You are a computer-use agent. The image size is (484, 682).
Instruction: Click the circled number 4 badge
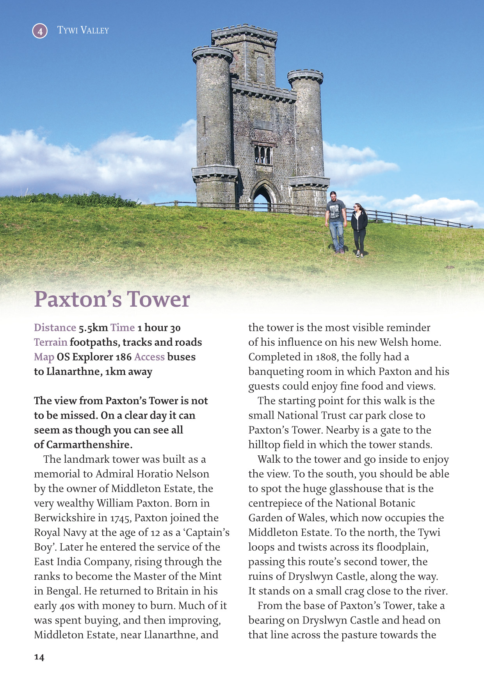tap(40, 31)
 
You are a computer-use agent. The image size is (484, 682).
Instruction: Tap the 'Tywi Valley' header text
tap(83, 30)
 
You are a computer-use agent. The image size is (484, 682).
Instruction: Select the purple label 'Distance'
tap(55, 328)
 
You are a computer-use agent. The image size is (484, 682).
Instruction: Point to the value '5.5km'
tap(93, 328)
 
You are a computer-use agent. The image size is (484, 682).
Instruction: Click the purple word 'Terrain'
tap(50, 342)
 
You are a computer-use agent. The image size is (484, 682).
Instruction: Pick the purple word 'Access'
tap(149, 357)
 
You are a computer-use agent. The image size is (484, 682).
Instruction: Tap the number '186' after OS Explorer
tap(123, 357)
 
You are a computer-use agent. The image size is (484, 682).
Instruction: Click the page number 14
tap(39, 657)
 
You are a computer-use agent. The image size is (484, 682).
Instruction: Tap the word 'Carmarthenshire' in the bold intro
tap(88, 445)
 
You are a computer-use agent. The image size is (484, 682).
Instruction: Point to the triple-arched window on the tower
tap(263, 155)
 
